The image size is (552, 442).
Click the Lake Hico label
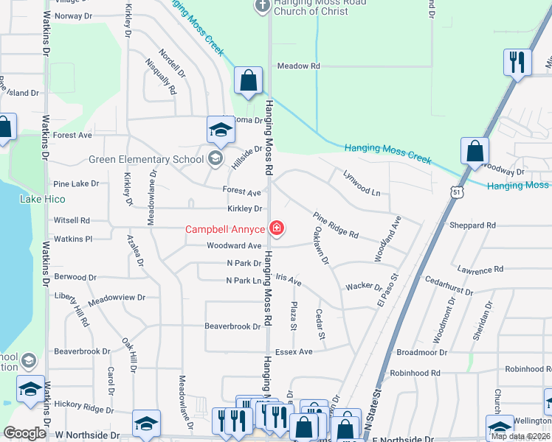pos(43,199)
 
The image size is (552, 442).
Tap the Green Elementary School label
pos(146,159)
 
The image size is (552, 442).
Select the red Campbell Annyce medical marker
pos(277,229)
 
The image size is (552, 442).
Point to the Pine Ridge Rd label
pos(336,225)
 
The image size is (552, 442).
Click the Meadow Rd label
pos(298,66)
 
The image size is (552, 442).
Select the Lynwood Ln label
pos(362,182)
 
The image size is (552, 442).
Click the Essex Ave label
pos(294,352)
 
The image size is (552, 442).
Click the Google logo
pos(24,433)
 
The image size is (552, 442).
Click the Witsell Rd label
pos(72,220)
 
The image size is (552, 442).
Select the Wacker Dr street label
pos(362,286)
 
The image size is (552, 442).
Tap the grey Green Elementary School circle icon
pos(215,158)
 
